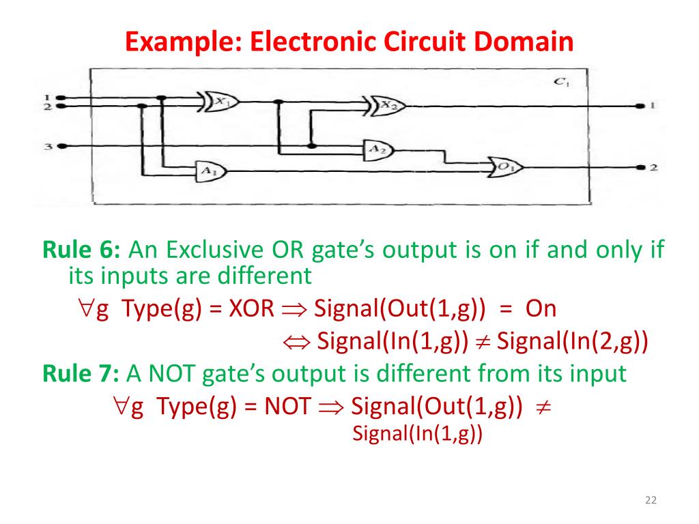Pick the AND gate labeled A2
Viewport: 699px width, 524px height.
(x=374, y=148)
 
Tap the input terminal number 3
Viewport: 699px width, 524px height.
(x=61, y=146)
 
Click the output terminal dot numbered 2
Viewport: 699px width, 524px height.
(x=639, y=167)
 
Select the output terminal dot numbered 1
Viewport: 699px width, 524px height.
(x=639, y=106)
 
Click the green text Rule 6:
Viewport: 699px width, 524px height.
(x=81, y=250)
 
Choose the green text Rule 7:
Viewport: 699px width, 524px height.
(x=81, y=374)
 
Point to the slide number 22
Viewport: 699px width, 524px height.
(x=650, y=501)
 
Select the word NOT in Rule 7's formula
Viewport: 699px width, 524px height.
(x=287, y=407)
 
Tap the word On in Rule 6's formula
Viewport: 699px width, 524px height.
(x=541, y=309)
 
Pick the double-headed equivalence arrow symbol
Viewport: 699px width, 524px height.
(x=297, y=342)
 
